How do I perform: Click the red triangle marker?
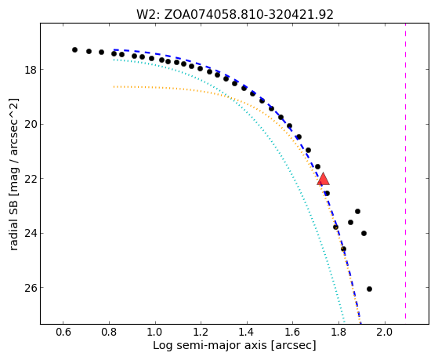click(x=323, y=180)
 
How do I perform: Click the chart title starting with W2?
click(x=235, y=15)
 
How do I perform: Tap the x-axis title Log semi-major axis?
click(x=234, y=345)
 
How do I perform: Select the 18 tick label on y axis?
click(x=31, y=70)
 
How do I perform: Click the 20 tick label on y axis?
click(x=31, y=124)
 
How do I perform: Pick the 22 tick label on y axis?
click(x=31, y=179)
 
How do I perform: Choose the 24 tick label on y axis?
click(x=31, y=233)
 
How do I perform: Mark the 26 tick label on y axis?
click(x=31, y=288)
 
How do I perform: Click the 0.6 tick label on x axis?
click(x=63, y=332)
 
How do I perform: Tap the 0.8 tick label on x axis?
click(x=109, y=332)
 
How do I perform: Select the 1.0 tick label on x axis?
click(x=155, y=332)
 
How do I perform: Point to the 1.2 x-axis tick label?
click(x=201, y=332)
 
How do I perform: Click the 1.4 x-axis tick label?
click(x=247, y=332)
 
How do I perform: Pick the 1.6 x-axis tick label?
click(x=293, y=332)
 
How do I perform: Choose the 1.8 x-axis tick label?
click(x=338, y=332)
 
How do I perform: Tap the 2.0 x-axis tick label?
click(x=385, y=332)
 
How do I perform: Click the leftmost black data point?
click(x=74, y=49)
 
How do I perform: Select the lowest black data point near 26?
click(x=369, y=289)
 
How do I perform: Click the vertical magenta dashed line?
click(x=405, y=171)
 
